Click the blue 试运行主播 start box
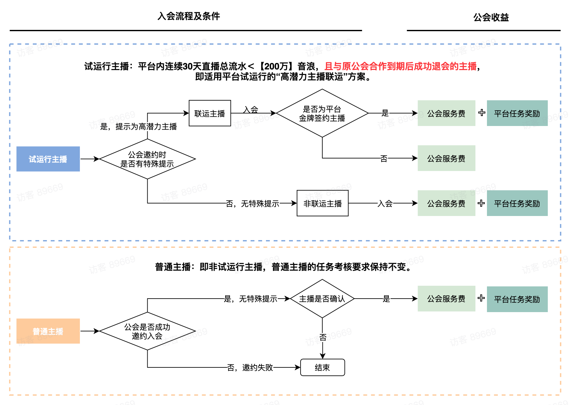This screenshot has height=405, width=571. pos(48,159)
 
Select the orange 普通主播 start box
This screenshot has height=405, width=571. pos(48,331)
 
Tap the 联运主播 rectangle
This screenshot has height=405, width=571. pos(210,113)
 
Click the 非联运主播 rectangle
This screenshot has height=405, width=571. pos(322,203)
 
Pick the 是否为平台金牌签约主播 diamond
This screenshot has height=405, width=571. pos(322,113)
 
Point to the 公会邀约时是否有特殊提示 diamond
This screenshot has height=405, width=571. pos(147,159)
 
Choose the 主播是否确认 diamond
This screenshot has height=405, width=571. pos(322,299)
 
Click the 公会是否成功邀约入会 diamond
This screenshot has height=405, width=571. pos(147,331)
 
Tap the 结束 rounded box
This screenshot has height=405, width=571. pos(322,367)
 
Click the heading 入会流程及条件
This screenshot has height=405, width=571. pos(189,16)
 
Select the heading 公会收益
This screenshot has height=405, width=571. pos(491,17)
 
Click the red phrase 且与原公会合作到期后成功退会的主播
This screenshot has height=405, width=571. pos(400,66)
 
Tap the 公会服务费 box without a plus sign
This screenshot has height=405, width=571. pos(446,158)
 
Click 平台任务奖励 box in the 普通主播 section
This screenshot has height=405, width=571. pos(517,299)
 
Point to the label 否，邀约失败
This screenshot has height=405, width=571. pos(250,367)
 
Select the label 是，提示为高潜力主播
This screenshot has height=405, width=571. pos(139,126)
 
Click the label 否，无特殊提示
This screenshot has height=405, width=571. pos(252,203)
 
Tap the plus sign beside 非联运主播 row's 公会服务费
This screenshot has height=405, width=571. pos(481,203)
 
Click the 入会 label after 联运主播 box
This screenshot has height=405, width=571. pos(251,110)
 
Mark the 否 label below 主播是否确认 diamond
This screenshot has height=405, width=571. pos(323,337)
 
